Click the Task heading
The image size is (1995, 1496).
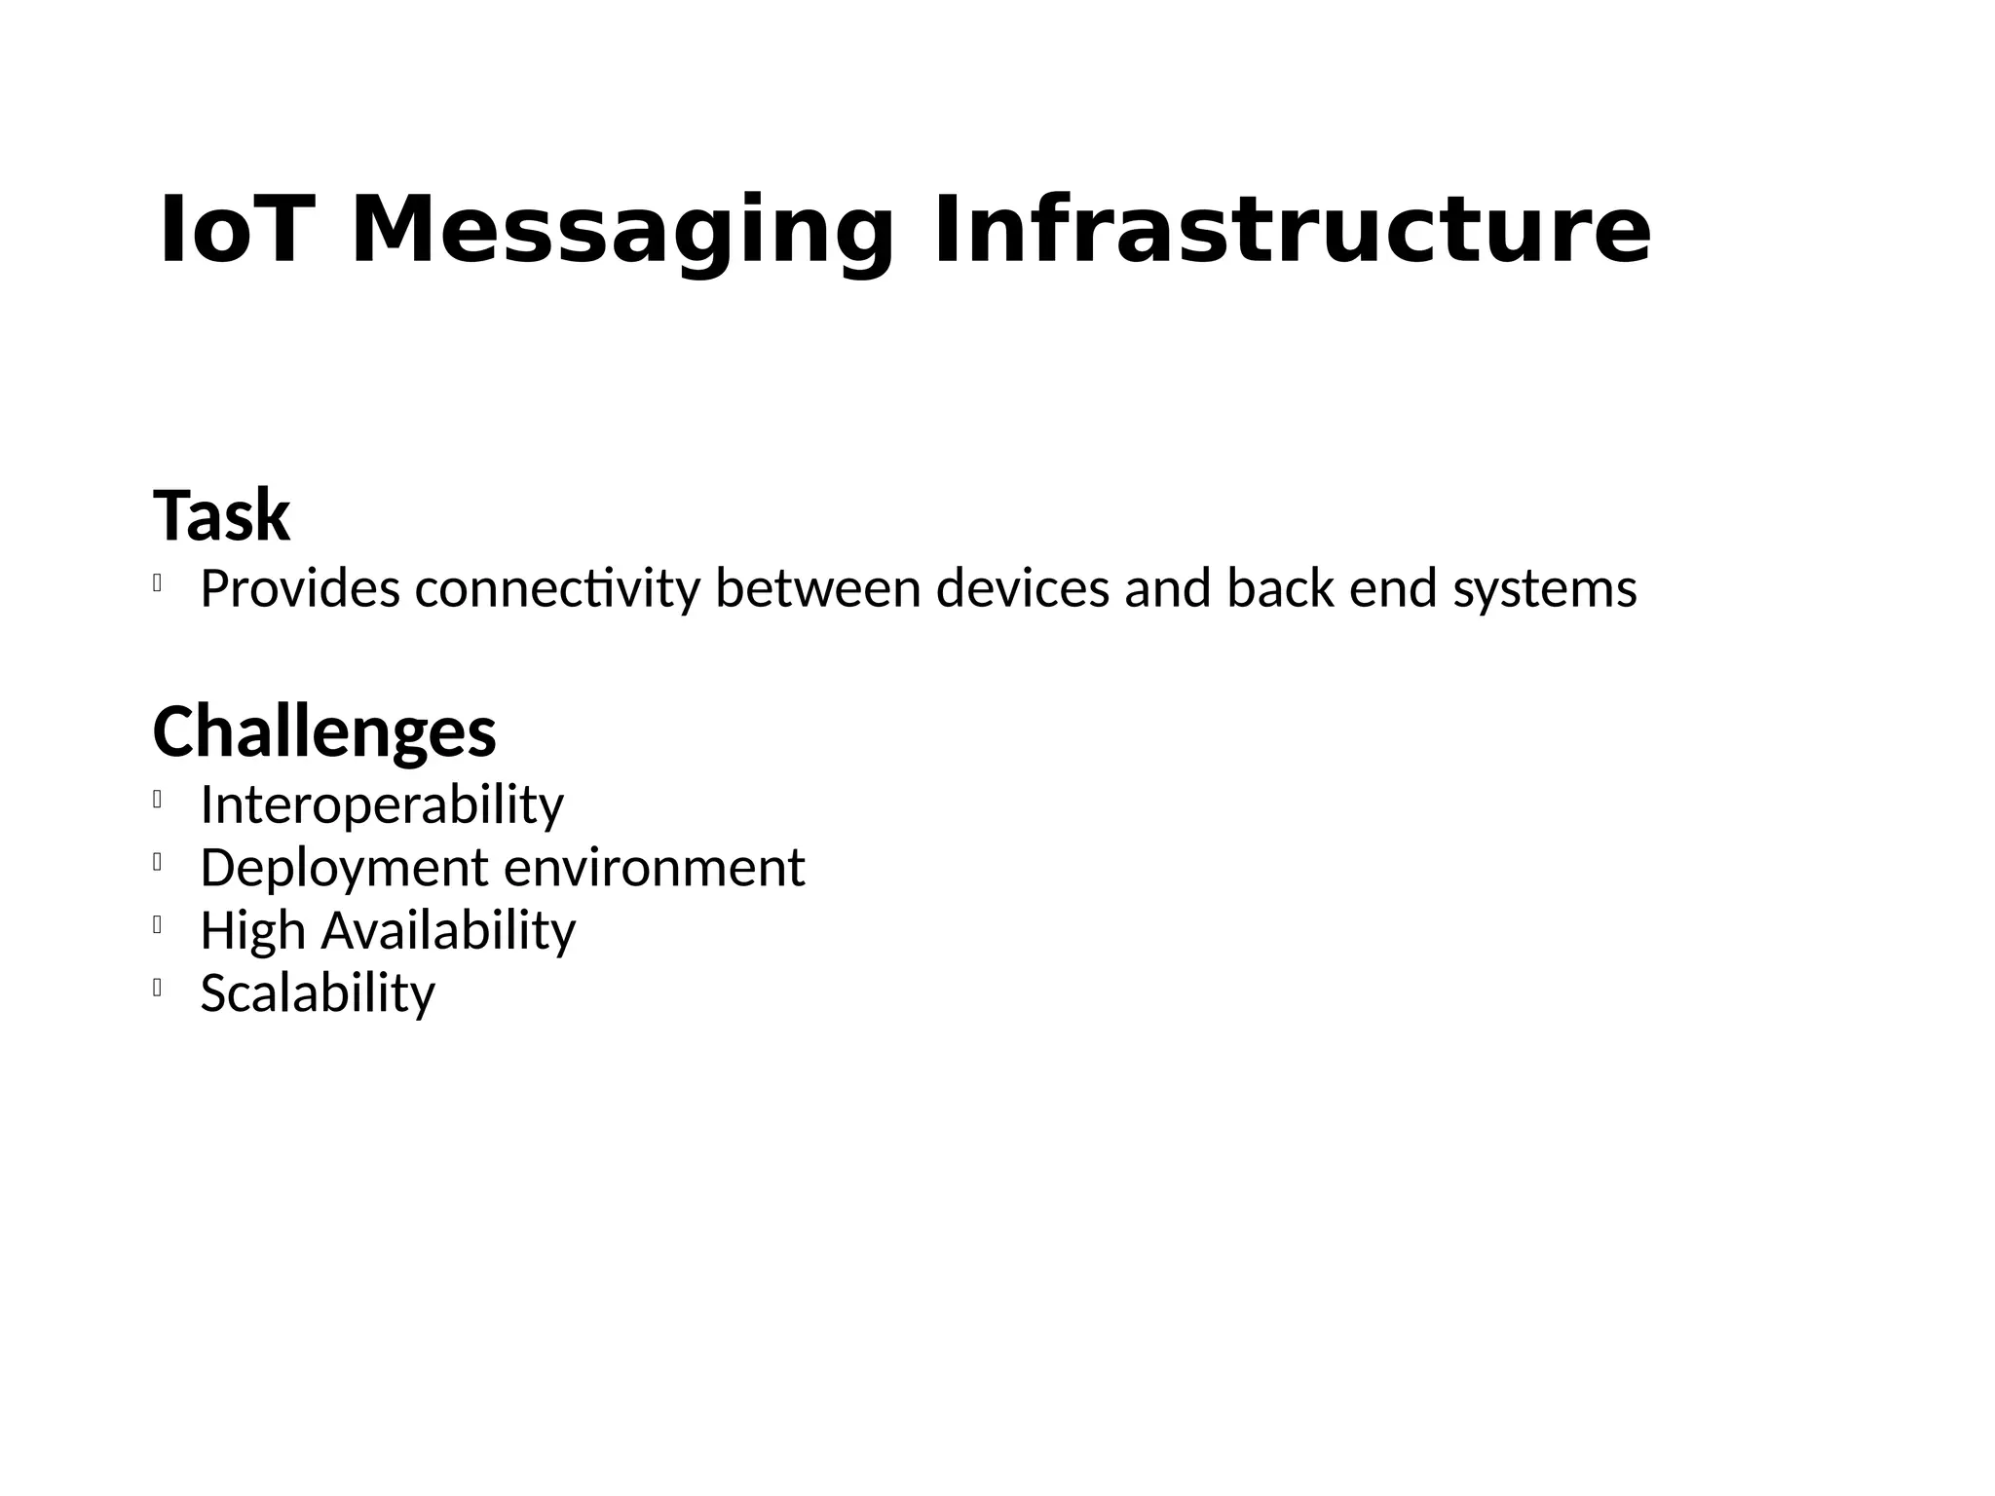(222, 516)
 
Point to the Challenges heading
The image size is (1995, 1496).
(324, 731)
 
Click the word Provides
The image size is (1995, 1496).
(300, 589)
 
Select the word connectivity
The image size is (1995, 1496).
(557, 589)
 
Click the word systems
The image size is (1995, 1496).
(1545, 589)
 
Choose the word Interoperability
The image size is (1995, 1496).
(382, 805)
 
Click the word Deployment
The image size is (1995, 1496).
(344, 868)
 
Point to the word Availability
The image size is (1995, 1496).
(449, 930)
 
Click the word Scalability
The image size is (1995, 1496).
(318, 993)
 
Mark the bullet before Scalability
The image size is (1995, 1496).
(156, 989)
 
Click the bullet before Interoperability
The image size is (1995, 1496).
(156, 801)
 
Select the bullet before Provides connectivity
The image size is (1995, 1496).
(156, 584)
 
